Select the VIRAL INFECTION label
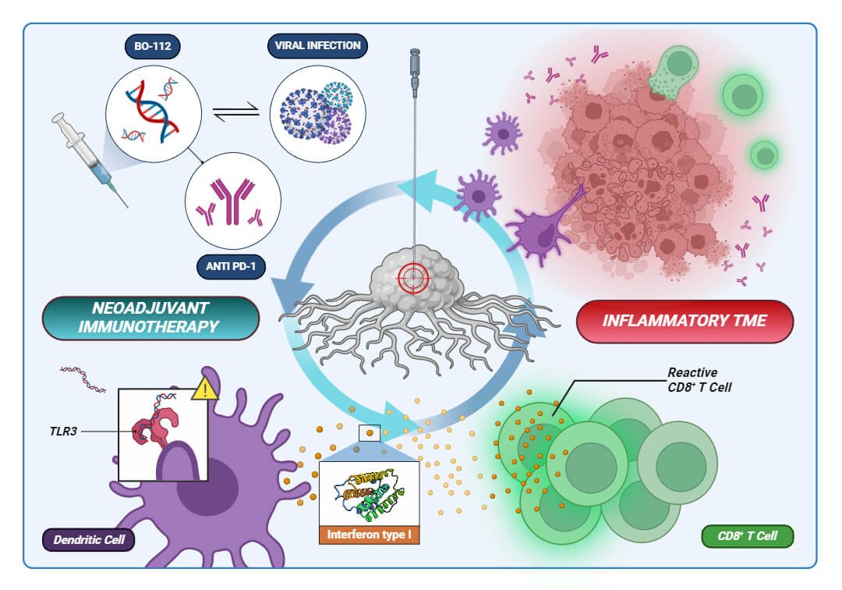[x=317, y=45]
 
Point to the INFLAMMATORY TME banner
[x=685, y=320]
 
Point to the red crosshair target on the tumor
[x=414, y=276]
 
